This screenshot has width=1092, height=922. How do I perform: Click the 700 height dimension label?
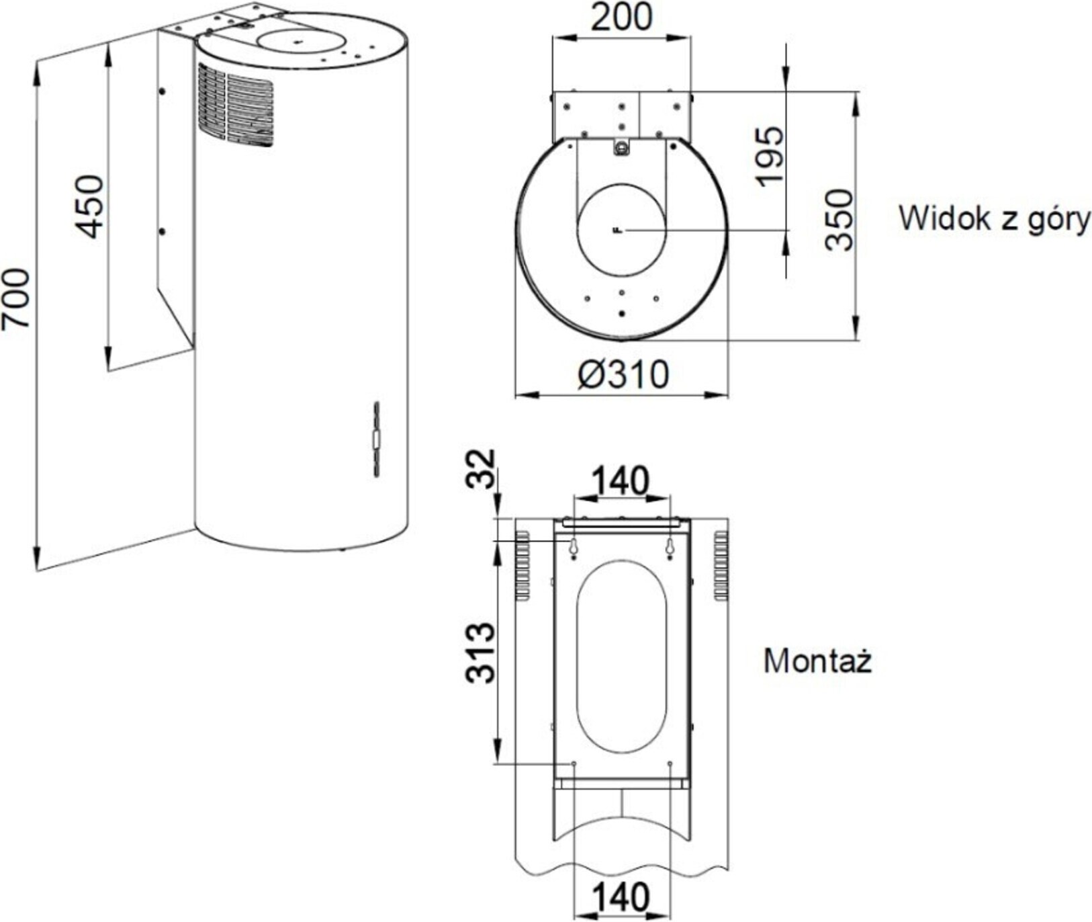[16, 299]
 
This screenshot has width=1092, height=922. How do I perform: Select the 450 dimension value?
[89, 206]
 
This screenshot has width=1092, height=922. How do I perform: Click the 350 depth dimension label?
[839, 220]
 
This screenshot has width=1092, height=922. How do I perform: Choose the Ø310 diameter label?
[623, 374]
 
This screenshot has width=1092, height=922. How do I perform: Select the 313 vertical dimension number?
[481, 653]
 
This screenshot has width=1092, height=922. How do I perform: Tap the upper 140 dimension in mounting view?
[621, 481]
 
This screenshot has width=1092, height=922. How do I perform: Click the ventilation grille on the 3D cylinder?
[235, 106]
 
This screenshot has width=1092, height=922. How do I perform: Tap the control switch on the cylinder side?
[377, 439]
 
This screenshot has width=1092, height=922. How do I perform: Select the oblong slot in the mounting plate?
[622, 657]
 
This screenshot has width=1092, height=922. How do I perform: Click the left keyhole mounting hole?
[573, 548]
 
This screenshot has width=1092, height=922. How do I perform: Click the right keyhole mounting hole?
[670, 548]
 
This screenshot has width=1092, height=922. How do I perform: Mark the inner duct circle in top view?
[621, 229]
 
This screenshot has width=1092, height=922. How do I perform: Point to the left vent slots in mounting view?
[522, 565]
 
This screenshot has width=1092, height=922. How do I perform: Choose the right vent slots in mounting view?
[721, 565]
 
